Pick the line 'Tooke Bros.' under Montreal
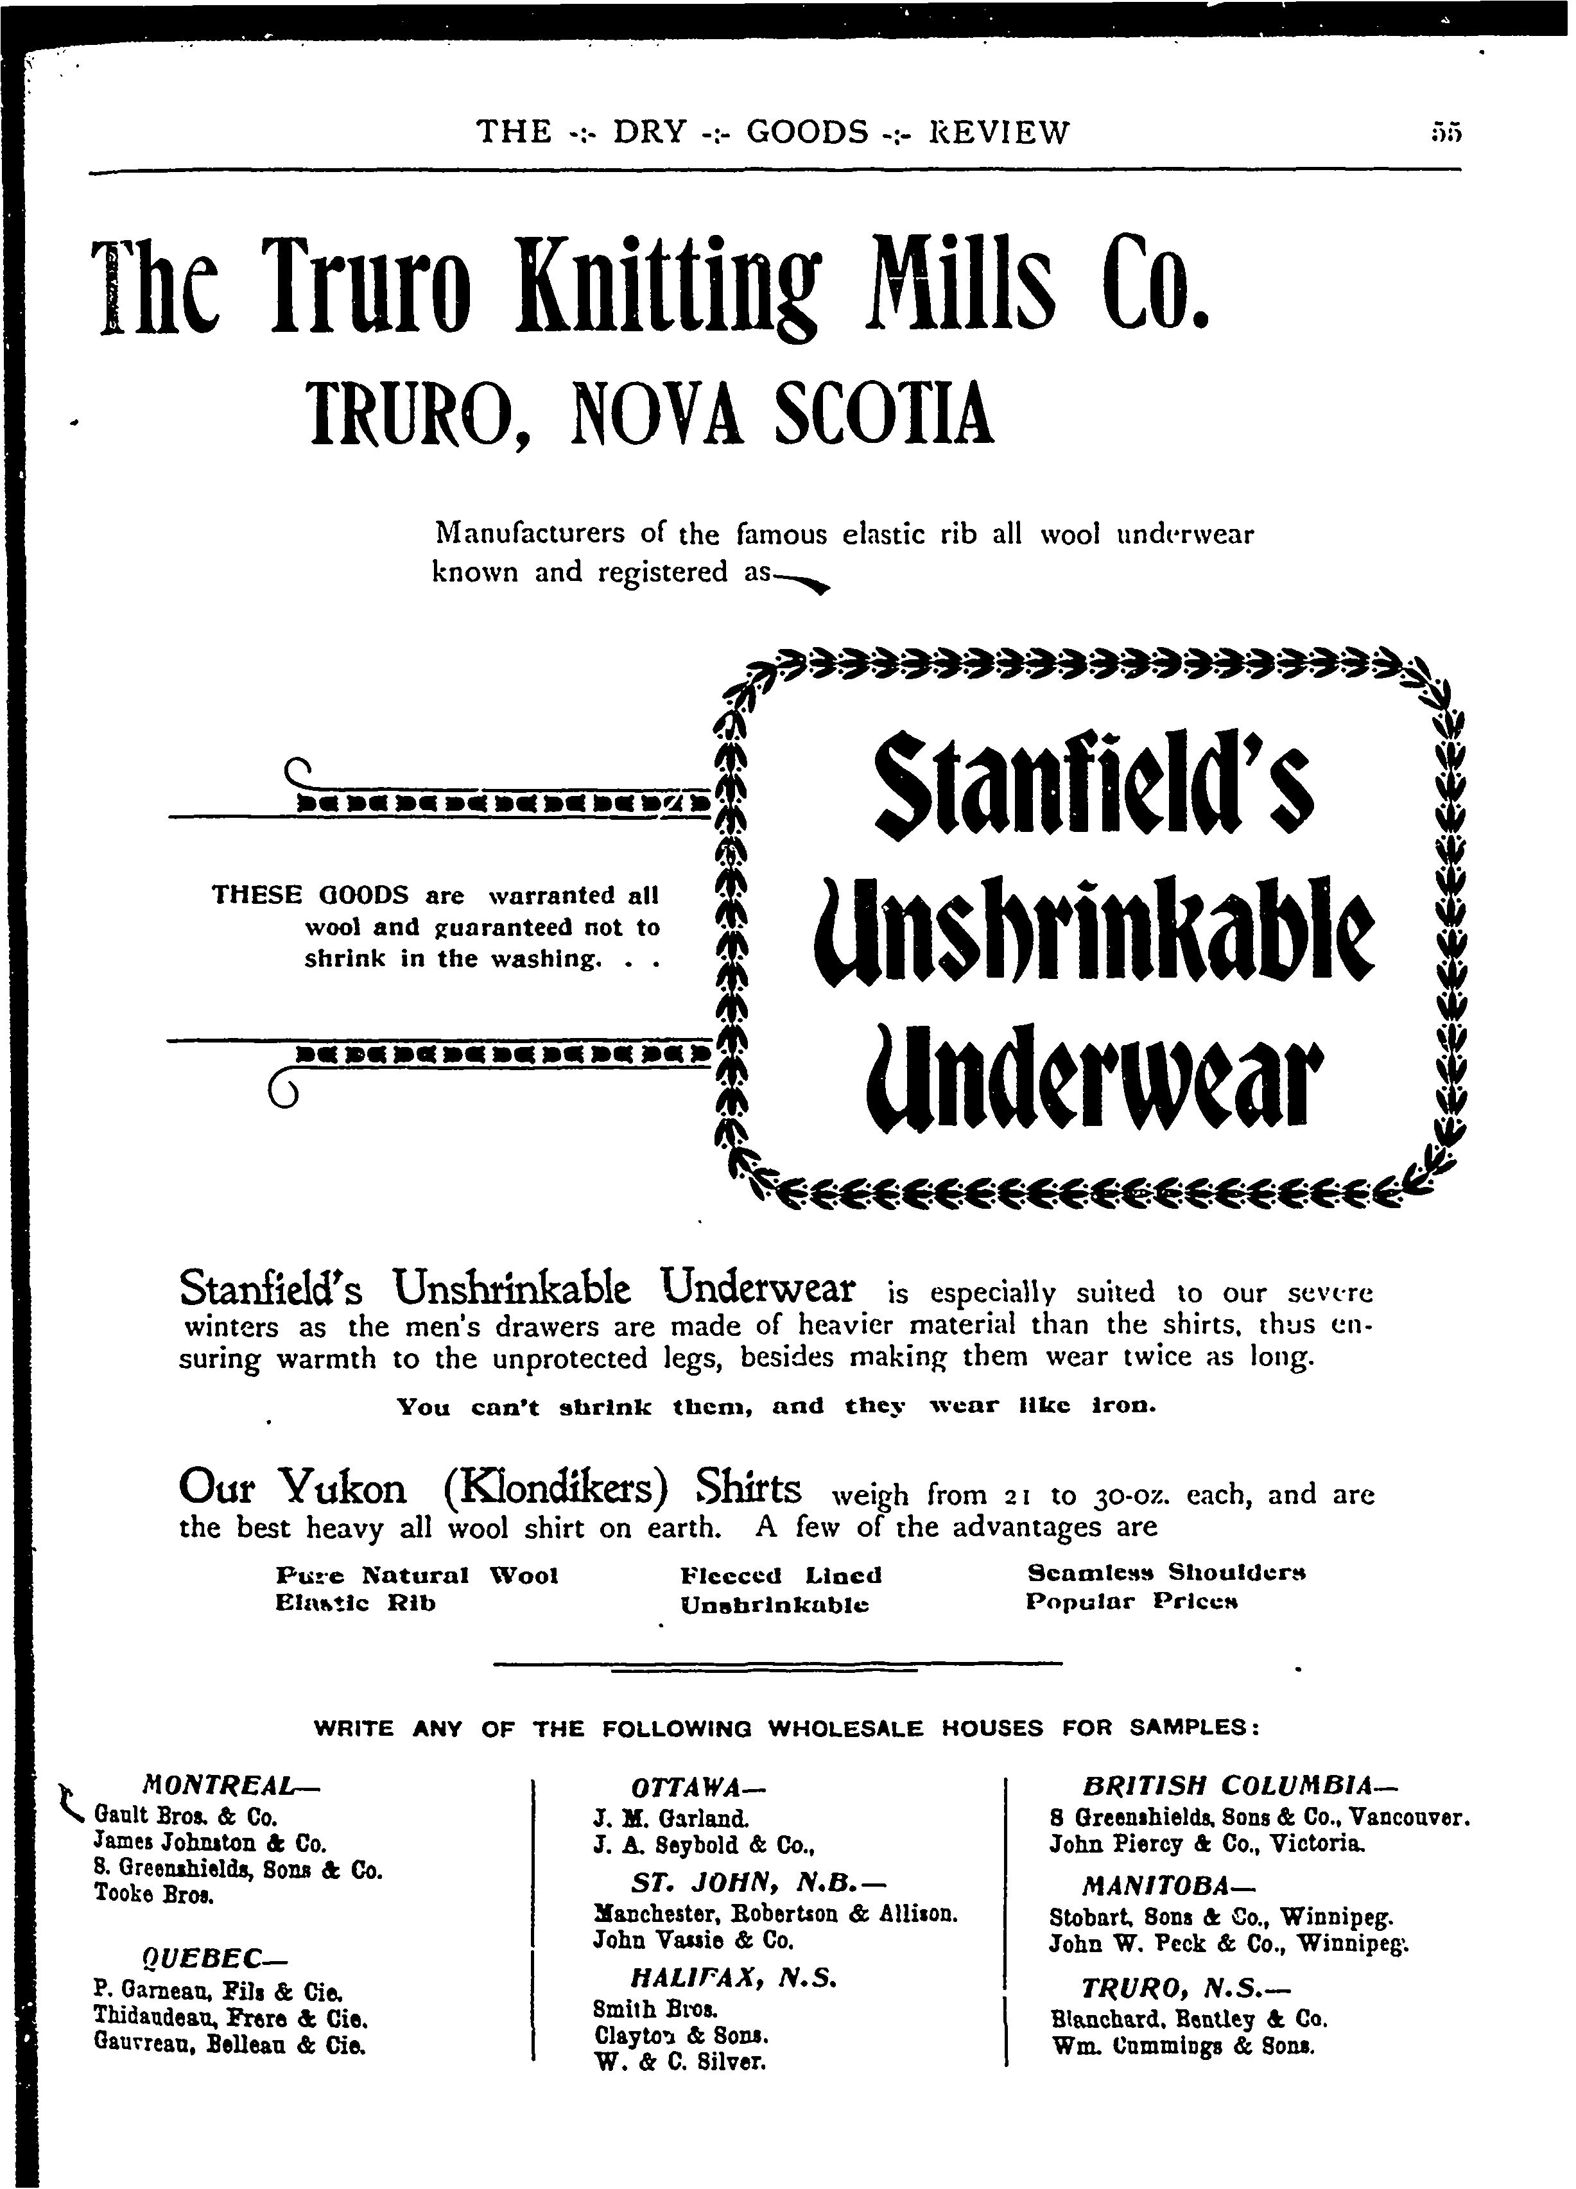point(155,1894)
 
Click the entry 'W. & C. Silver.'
point(680,2063)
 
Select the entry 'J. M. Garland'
point(671,1817)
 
